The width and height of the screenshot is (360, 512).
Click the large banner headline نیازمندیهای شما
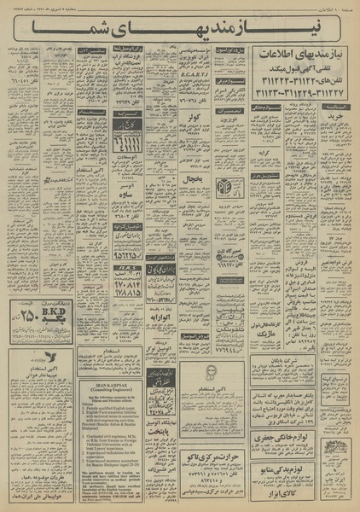click(179, 32)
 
